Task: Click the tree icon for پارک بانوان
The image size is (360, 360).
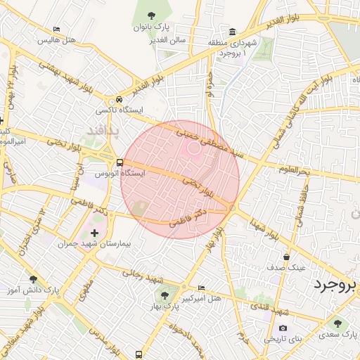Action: coord(151,15)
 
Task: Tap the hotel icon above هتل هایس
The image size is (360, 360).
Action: coord(56,29)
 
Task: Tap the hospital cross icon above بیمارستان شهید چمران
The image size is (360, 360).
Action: coord(95,232)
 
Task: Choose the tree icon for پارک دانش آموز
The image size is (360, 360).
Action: coord(33,279)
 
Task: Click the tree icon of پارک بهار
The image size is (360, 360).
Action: coord(165,295)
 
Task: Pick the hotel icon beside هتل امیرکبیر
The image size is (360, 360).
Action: coord(202,288)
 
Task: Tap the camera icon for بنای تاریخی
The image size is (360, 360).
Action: coord(283,328)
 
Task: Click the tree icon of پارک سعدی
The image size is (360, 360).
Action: coord(338,323)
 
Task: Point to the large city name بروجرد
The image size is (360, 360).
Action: coord(335,285)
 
